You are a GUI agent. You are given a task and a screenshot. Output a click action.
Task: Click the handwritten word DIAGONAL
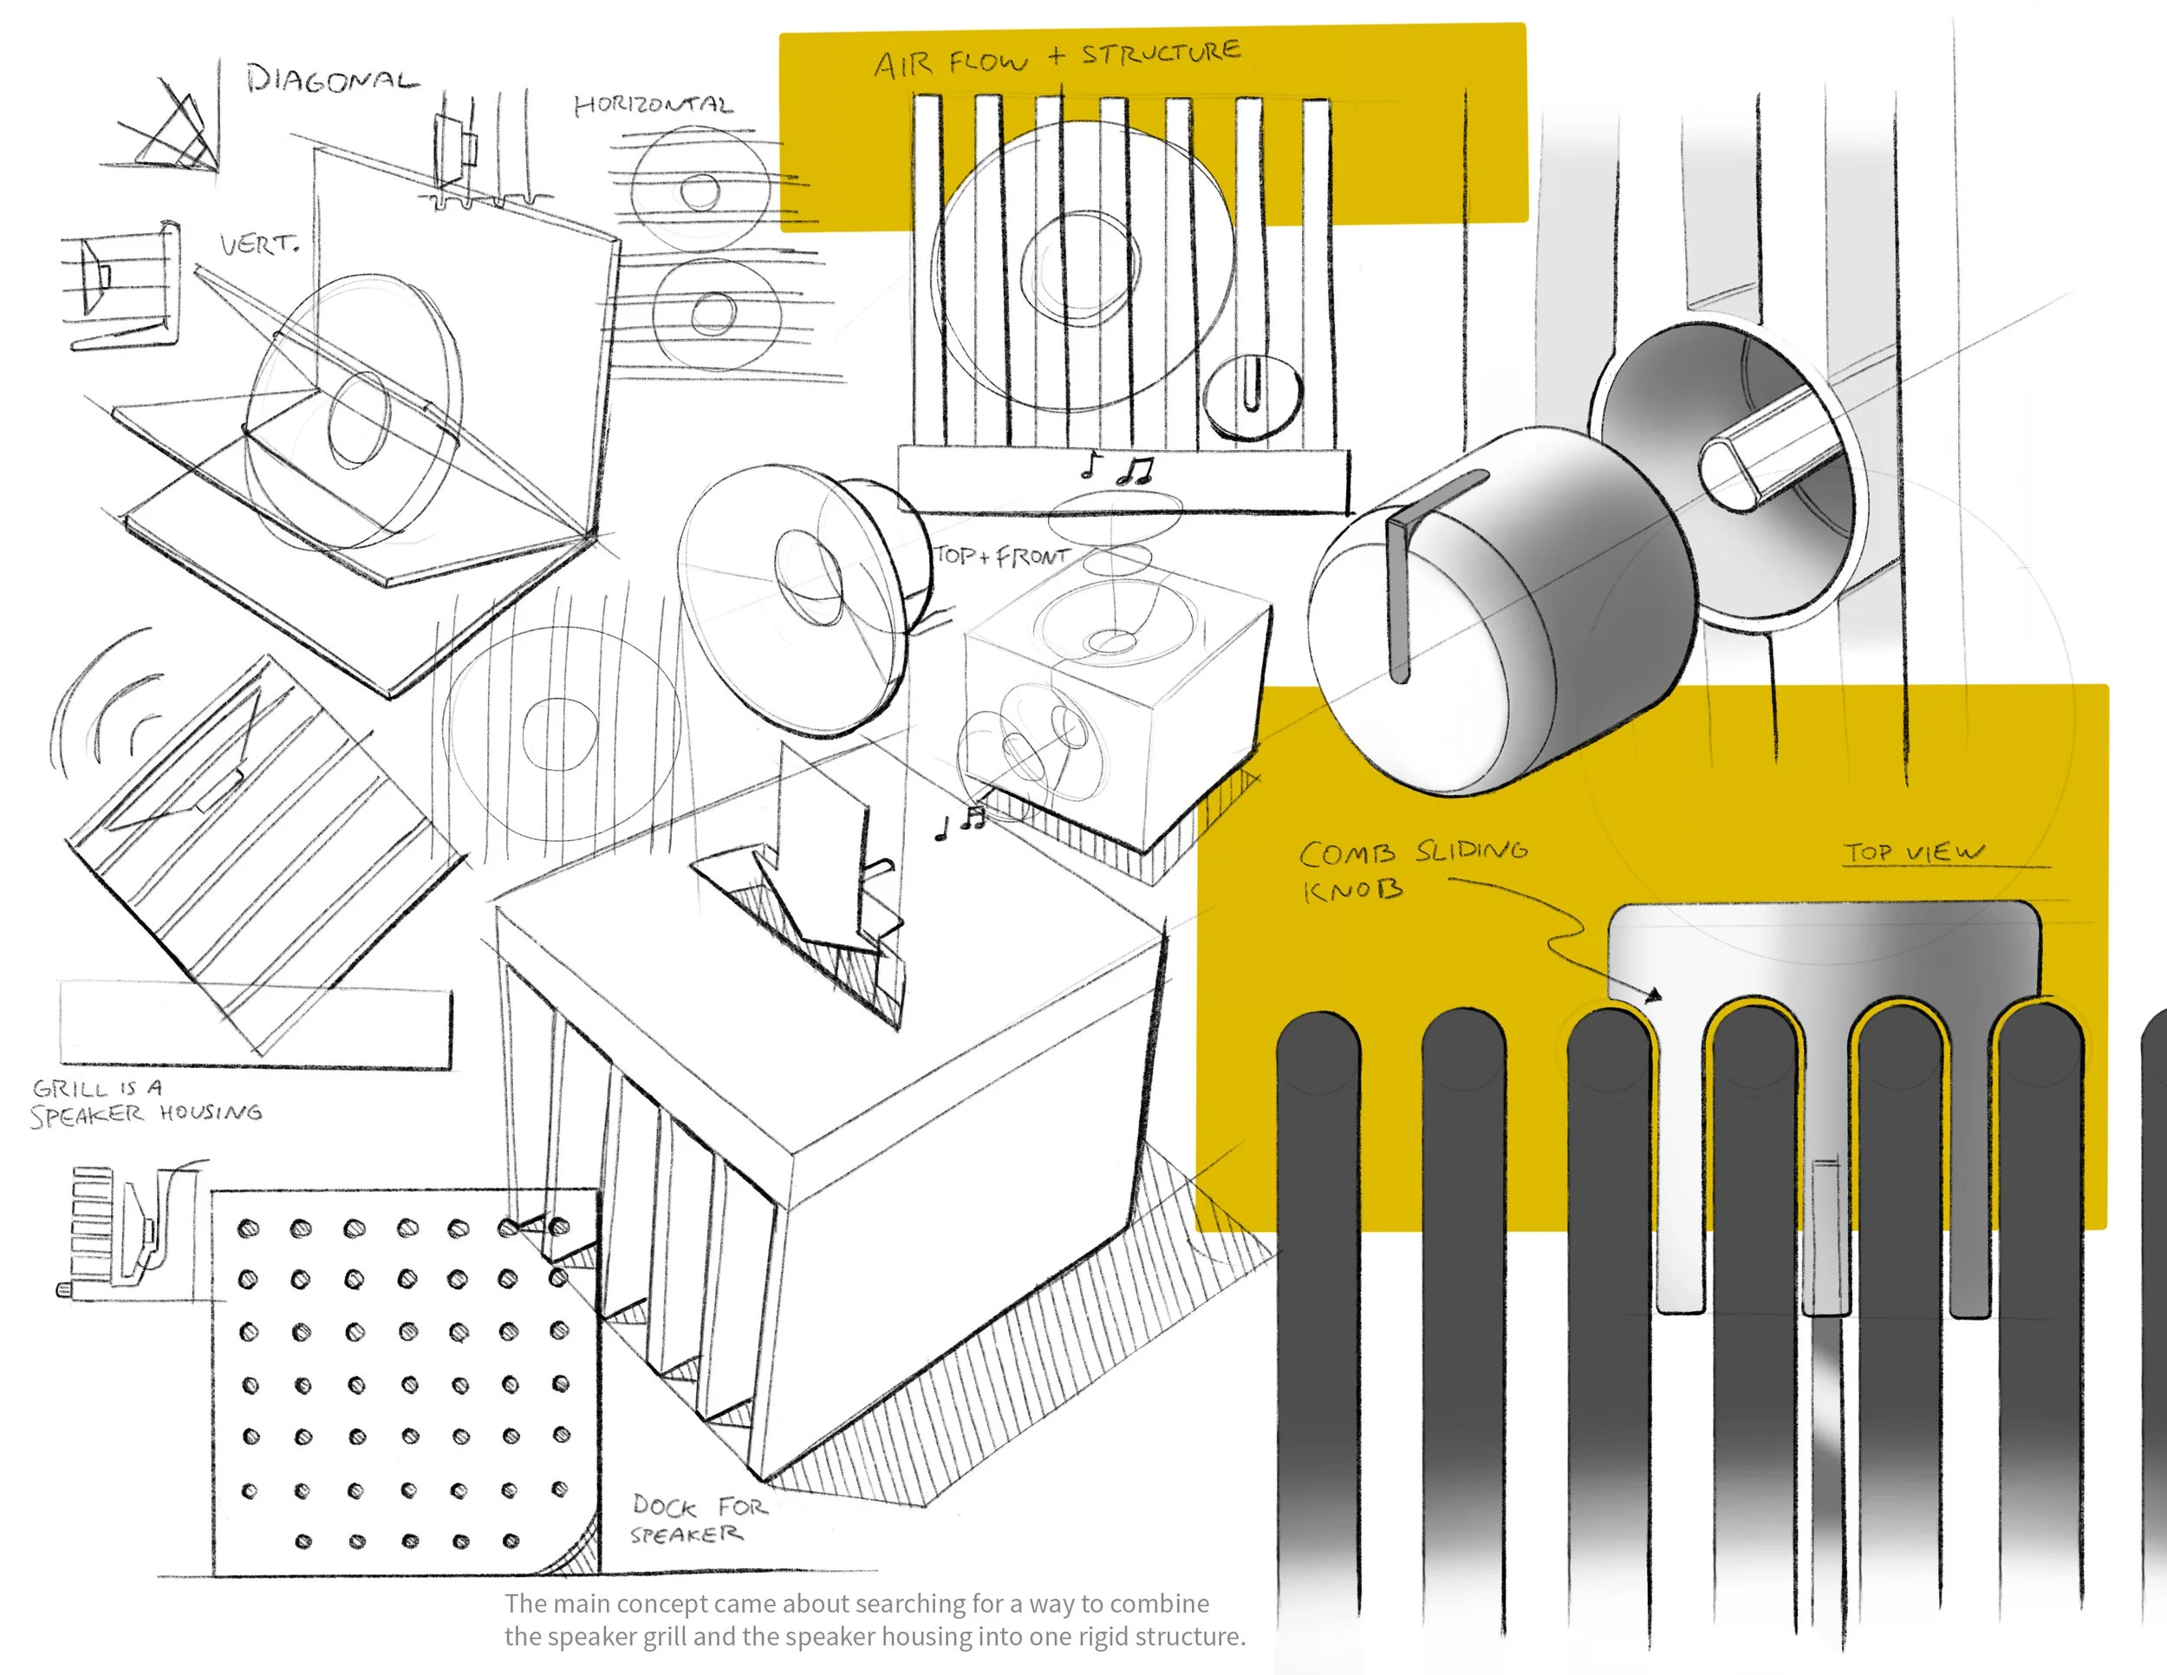tap(332, 78)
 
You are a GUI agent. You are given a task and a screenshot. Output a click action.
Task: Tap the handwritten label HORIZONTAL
tap(654, 104)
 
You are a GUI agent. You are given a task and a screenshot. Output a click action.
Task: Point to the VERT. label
tap(259, 243)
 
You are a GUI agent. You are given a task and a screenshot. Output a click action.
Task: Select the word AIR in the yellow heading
tap(903, 66)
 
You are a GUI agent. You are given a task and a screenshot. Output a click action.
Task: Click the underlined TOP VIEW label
tap(1914, 852)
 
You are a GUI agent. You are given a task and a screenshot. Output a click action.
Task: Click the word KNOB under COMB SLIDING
tap(1352, 890)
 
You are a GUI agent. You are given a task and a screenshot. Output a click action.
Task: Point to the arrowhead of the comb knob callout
tap(1653, 995)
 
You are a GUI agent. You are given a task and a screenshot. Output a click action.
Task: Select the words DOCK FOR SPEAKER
tap(700, 1519)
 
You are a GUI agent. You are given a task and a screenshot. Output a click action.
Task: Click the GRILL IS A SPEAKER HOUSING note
tap(146, 1101)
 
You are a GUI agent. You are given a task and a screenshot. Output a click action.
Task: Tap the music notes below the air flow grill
tap(1118, 466)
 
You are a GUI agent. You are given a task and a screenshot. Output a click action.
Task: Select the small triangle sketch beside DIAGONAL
tap(166, 129)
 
